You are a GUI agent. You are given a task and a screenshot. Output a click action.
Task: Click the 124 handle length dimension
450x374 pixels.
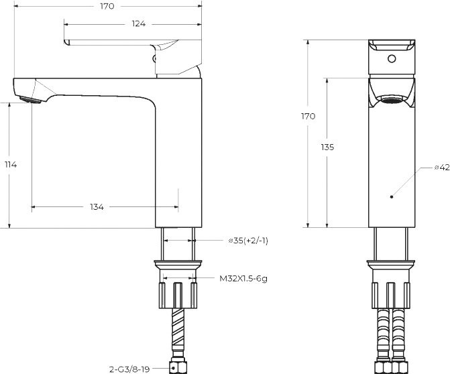[139, 24]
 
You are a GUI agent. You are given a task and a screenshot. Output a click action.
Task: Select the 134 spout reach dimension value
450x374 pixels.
[97, 207]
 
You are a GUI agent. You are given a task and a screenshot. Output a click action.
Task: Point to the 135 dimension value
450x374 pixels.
[327, 147]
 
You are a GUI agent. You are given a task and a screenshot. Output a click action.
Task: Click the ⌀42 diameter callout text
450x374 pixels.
[441, 167]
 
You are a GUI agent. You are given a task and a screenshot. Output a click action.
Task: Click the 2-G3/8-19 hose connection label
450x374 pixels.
[130, 368]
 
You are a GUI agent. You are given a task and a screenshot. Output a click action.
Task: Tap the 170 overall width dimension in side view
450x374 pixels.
[107, 6]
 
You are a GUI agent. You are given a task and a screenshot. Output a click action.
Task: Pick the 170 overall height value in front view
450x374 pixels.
[308, 116]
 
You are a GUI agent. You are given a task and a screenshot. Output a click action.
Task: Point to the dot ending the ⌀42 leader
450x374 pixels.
[392, 197]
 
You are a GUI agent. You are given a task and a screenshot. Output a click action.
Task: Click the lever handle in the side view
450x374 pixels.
[114, 43]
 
